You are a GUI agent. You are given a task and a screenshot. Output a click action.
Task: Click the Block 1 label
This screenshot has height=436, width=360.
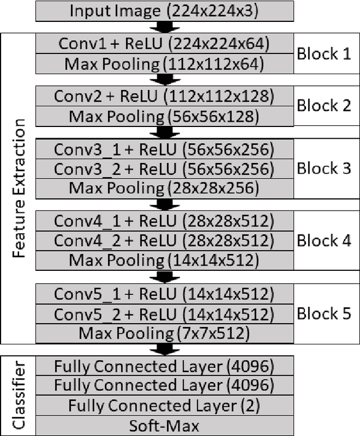click(x=323, y=54)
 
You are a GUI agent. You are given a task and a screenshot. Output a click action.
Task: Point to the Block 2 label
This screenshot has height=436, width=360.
click(x=323, y=105)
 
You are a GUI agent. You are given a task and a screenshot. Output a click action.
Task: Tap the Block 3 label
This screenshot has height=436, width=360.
click(x=323, y=169)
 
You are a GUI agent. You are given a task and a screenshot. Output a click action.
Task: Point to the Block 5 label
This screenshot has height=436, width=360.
click(x=323, y=314)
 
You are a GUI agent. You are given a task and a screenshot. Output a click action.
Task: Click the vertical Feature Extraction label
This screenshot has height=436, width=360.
click(x=20, y=188)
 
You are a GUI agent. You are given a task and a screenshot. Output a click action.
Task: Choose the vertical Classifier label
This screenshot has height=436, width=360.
click(x=20, y=396)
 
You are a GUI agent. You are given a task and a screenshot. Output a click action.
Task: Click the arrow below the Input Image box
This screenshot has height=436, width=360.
click(x=164, y=27)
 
